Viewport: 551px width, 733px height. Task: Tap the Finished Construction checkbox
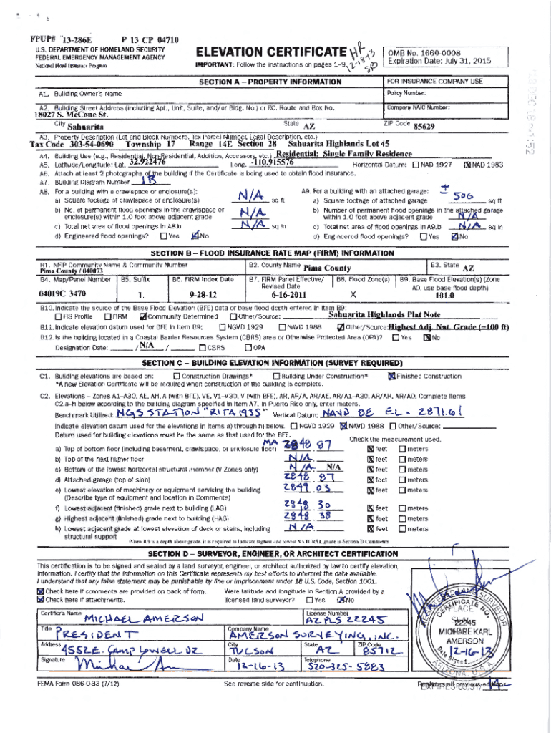coord(391,376)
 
